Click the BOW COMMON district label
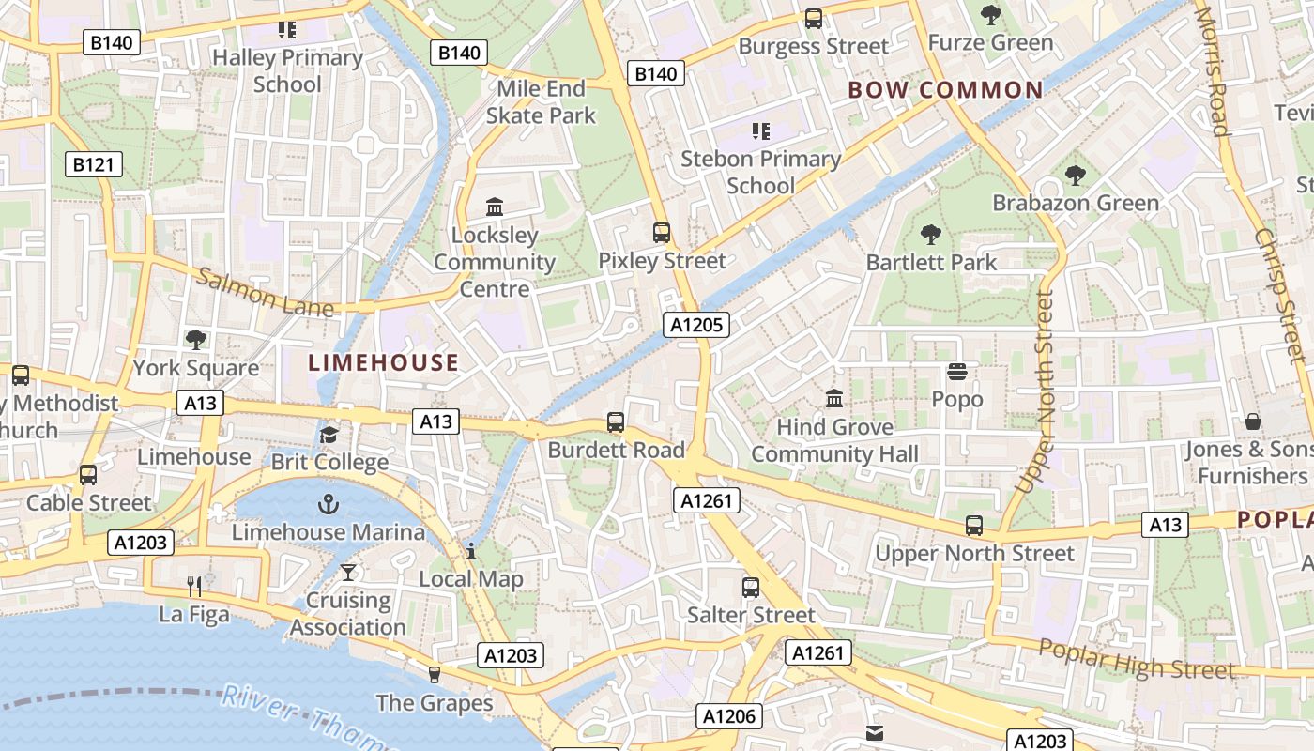(x=945, y=90)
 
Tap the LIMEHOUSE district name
(x=384, y=362)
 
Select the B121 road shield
(x=94, y=165)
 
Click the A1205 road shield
(x=695, y=325)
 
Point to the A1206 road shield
(x=728, y=716)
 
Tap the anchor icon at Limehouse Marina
(x=328, y=505)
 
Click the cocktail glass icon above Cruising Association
(x=348, y=572)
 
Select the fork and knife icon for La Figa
(x=194, y=587)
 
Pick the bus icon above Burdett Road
(x=616, y=422)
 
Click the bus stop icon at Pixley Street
(x=662, y=233)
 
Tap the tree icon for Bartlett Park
(x=930, y=235)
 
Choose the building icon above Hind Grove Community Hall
(x=834, y=399)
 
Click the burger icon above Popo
(x=957, y=373)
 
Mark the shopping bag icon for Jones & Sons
(x=1252, y=421)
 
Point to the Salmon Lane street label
(x=265, y=292)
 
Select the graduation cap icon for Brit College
(x=328, y=435)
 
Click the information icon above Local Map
(x=471, y=551)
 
